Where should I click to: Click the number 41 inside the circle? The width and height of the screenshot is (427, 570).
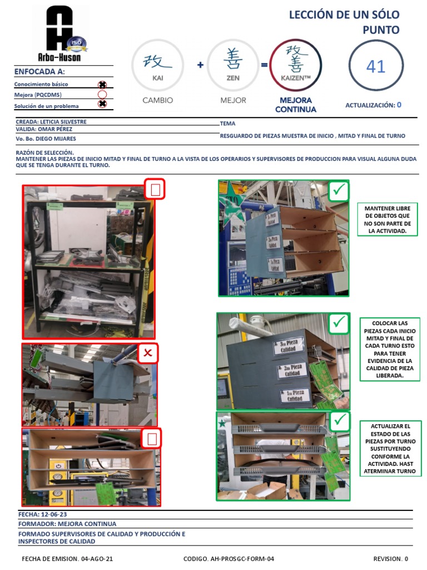(376, 67)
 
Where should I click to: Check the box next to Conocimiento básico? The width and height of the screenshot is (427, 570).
(102, 85)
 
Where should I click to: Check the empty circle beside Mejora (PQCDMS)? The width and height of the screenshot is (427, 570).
(102, 95)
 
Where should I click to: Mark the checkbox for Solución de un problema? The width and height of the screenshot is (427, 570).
(102, 104)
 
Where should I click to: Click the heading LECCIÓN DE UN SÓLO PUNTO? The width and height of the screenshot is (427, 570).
(344, 22)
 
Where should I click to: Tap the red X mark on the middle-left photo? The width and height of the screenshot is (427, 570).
(148, 353)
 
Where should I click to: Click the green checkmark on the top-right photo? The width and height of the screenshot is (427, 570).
(339, 190)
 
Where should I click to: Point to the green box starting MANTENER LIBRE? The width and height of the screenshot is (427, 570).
(387, 219)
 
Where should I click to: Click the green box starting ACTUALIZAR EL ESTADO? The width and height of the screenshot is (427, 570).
(390, 449)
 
